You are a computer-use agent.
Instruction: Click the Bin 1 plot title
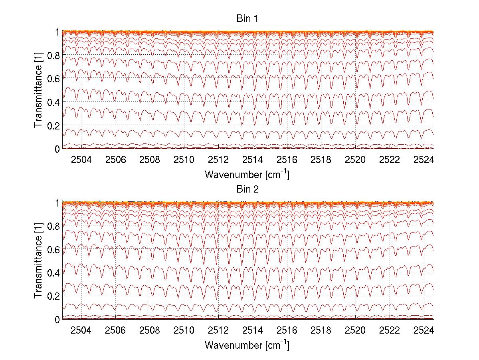point(247,19)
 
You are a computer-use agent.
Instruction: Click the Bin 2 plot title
point(247,189)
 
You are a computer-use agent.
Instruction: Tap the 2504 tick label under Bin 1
point(81,160)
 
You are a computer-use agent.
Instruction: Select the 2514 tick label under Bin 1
point(253,160)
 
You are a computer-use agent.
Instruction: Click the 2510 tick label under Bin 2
point(184,331)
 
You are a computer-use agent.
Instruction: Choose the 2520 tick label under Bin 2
point(355,331)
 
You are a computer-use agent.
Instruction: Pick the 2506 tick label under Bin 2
point(115,331)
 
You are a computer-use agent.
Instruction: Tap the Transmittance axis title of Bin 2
point(38,261)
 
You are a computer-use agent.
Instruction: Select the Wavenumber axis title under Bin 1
point(247,174)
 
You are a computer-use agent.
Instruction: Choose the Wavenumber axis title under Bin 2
point(247,344)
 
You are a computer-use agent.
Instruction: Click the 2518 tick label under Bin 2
point(321,331)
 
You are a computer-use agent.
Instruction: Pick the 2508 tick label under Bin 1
point(150,160)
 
